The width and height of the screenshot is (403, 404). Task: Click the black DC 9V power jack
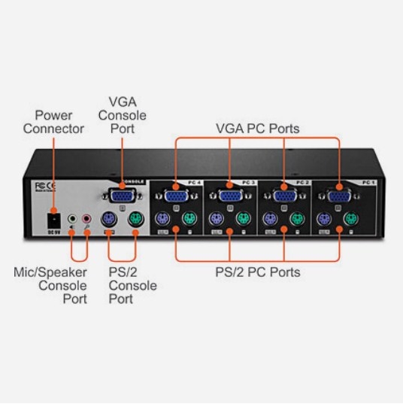53,220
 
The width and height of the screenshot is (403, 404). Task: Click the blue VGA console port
122,196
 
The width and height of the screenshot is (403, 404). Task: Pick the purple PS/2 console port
108,220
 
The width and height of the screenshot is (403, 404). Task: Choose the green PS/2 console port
136,220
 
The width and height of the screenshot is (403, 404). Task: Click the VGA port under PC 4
176,196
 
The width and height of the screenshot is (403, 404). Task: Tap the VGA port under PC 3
230,196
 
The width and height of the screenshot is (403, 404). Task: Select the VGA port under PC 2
284,196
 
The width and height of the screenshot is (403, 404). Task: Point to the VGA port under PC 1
338,196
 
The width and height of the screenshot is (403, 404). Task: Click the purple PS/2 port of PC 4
161,220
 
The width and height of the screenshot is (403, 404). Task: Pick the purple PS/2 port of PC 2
269,220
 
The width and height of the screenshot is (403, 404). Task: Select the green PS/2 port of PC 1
351,220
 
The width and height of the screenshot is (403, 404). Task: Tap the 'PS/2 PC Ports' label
259,272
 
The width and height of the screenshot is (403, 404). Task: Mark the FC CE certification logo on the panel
46,184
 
